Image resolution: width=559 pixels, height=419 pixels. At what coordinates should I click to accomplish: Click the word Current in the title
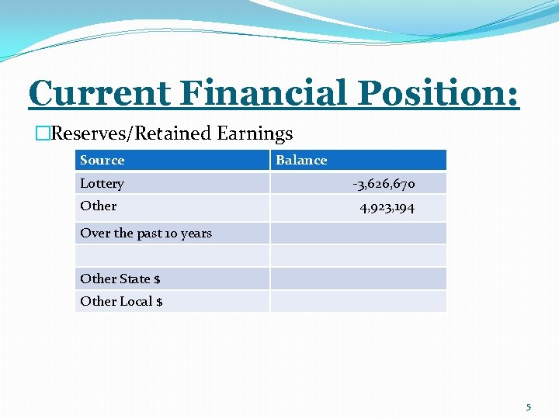click(x=99, y=94)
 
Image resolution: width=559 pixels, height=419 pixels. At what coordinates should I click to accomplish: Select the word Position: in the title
click(x=438, y=94)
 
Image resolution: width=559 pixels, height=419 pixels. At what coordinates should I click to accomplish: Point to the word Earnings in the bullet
click(x=255, y=133)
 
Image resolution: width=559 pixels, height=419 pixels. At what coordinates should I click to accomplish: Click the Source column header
click(x=102, y=161)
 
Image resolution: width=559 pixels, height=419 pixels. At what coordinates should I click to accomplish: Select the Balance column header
click(x=301, y=161)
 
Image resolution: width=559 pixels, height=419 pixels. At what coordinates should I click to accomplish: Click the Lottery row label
click(x=102, y=184)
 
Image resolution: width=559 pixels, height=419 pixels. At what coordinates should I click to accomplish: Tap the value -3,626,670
click(x=384, y=184)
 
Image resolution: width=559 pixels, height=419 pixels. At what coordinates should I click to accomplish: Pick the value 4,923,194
click(x=387, y=206)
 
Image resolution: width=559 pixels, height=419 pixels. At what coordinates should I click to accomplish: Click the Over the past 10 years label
click(x=146, y=234)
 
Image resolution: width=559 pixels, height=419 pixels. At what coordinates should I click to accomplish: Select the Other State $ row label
click(x=120, y=279)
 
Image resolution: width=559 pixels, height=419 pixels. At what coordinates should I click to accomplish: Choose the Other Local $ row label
click(x=121, y=301)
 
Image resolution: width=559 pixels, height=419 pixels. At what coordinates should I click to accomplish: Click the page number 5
click(x=529, y=407)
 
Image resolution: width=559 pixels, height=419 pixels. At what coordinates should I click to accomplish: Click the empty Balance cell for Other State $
click(x=358, y=279)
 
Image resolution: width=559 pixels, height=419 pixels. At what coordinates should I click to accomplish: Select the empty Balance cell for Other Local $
click(x=358, y=301)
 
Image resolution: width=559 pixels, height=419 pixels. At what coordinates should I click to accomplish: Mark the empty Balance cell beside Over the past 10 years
click(x=358, y=234)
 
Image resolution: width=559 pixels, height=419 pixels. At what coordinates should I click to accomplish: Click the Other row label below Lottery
click(x=99, y=206)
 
